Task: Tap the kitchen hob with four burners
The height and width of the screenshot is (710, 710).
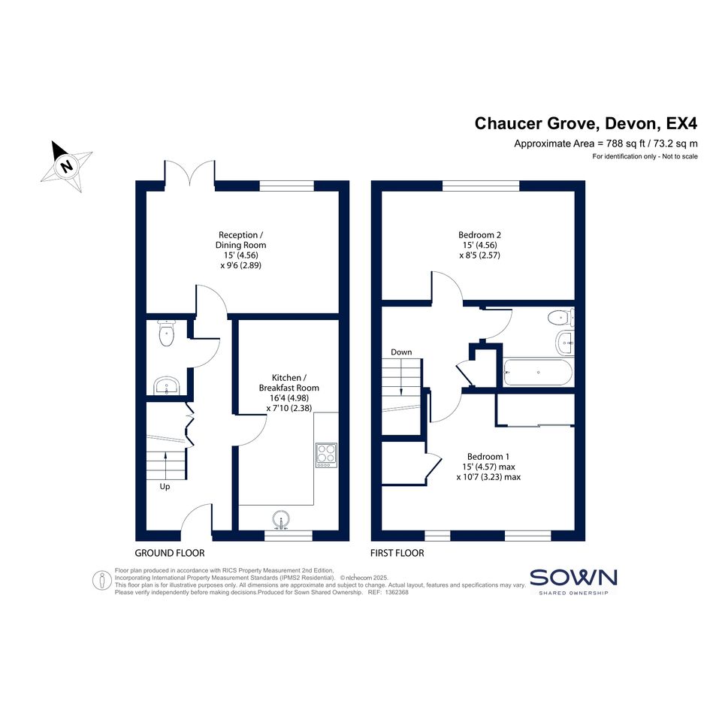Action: pyautogui.click(x=326, y=455)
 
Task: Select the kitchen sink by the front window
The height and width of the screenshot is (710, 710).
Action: pyautogui.click(x=281, y=520)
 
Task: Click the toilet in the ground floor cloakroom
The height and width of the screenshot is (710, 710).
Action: pyautogui.click(x=166, y=334)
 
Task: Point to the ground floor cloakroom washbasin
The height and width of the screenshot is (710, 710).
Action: pyautogui.click(x=167, y=385)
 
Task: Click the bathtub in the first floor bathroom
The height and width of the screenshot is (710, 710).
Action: pyautogui.click(x=537, y=372)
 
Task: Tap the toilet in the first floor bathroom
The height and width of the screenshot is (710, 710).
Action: pyautogui.click(x=560, y=317)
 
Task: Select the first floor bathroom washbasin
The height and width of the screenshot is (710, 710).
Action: pyautogui.click(x=565, y=343)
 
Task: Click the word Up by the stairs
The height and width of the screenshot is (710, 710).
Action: pyautogui.click(x=165, y=487)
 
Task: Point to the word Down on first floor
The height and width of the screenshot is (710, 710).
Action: pyautogui.click(x=401, y=352)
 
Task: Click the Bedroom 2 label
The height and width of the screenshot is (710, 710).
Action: pyautogui.click(x=479, y=235)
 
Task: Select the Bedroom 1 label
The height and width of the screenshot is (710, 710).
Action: pyautogui.click(x=488, y=457)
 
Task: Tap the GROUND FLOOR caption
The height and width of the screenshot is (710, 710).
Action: pyautogui.click(x=170, y=553)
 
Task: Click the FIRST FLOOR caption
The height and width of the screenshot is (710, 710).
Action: pyautogui.click(x=397, y=553)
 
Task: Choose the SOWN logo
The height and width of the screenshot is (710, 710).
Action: pyautogui.click(x=573, y=582)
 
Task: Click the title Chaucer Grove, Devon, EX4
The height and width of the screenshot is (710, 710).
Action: pyautogui.click(x=586, y=123)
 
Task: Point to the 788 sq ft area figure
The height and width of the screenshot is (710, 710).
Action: pyautogui.click(x=626, y=144)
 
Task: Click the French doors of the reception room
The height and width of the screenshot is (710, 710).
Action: pyautogui.click(x=190, y=174)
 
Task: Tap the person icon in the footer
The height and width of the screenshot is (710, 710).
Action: pyautogui.click(x=102, y=581)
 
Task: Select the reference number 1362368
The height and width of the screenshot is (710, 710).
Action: pyautogui.click(x=397, y=592)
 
